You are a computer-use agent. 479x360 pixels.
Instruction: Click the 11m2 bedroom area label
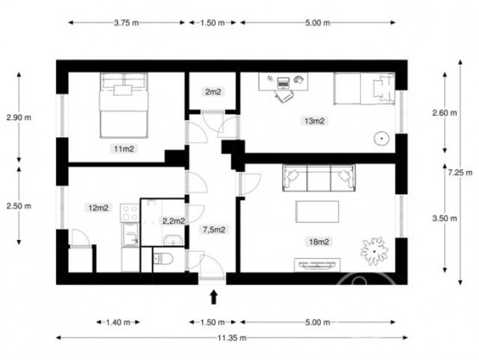click(x=123, y=148)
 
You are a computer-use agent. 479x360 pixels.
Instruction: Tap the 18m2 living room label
click(x=319, y=242)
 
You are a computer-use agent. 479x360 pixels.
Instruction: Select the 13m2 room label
click(x=314, y=121)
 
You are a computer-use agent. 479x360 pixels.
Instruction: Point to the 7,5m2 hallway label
click(x=214, y=230)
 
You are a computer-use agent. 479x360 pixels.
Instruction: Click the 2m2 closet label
click(x=213, y=92)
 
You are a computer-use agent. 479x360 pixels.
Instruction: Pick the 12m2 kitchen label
click(x=98, y=208)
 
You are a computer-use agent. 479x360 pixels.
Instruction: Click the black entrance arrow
click(x=213, y=297)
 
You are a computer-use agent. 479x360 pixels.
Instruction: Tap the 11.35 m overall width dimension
click(x=232, y=338)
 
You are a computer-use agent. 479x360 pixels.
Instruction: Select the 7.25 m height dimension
click(x=460, y=173)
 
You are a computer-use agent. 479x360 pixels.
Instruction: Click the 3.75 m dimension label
click(x=127, y=22)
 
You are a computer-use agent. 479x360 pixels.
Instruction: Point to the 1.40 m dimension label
click(x=118, y=322)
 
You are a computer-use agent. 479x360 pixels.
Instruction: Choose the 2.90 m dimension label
click(x=19, y=117)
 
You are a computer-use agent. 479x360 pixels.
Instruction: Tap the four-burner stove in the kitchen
click(x=130, y=212)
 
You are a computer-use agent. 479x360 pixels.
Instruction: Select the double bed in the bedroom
click(x=123, y=105)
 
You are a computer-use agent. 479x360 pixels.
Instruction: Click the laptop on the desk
click(x=283, y=83)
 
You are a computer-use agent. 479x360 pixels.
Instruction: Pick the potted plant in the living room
click(x=375, y=251)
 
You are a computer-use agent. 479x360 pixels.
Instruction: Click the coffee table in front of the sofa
click(x=317, y=212)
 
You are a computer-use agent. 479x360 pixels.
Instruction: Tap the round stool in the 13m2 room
click(x=381, y=138)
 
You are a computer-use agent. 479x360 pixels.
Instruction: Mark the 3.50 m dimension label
click(x=444, y=218)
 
